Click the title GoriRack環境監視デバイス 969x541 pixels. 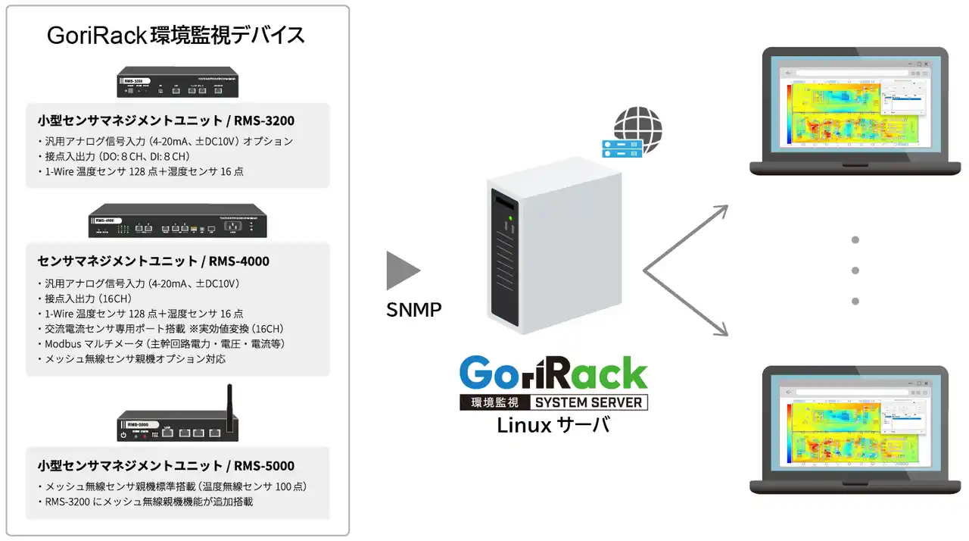click(x=176, y=36)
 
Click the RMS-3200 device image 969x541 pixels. click(x=177, y=83)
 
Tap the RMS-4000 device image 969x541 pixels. click(x=176, y=220)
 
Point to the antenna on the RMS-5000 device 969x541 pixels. click(x=229, y=399)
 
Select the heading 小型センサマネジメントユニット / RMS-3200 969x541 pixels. click(x=166, y=120)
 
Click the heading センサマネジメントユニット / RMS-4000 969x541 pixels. click(x=153, y=261)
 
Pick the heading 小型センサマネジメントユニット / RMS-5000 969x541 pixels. click(x=166, y=466)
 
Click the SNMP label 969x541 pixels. click(x=414, y=310)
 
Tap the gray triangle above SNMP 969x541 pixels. click(x=401, y=270)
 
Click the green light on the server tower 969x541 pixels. click(x=511, y=220)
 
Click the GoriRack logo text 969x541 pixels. click(x=553, y=374)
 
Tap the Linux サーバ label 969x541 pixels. click(x=553, y=426)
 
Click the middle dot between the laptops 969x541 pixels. click(x=855, y=270)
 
